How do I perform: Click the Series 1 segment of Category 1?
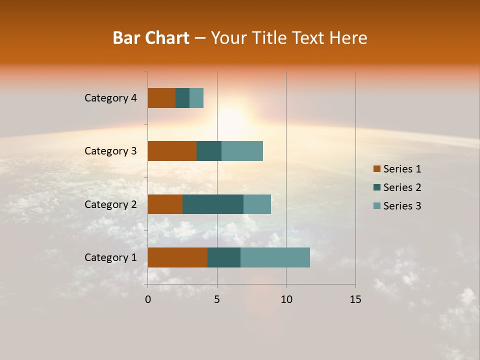click(x=177, y=257)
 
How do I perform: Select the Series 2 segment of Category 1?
click(x=224, y=257)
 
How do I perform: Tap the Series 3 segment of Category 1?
click(x=275, y=257)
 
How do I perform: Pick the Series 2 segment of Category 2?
click(x=213, y=204)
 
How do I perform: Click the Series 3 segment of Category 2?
click(x=257, y=204)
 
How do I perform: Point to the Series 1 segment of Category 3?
click(x=172, y=151)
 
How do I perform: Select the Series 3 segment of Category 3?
click(x=242, y=151)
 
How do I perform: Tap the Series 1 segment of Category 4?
click(x=161, y=98)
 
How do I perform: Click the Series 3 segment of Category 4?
click(x=196, y=98)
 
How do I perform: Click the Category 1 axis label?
click(x=110, y=257)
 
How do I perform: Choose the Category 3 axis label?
click(x=110, y=151)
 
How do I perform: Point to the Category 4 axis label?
click(x=110, y=98)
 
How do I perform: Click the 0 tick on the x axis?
click(x=148, y=299)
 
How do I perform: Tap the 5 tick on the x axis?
click(x=217, y=299)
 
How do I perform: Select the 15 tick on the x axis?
click(x=355, y=299)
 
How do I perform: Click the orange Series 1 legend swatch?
click(x=377, y=169)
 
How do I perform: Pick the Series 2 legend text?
click(x=402, y=187)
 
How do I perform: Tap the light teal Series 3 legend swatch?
click(x=377, y=206)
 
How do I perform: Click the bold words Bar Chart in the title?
click(x=151, y=38)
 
